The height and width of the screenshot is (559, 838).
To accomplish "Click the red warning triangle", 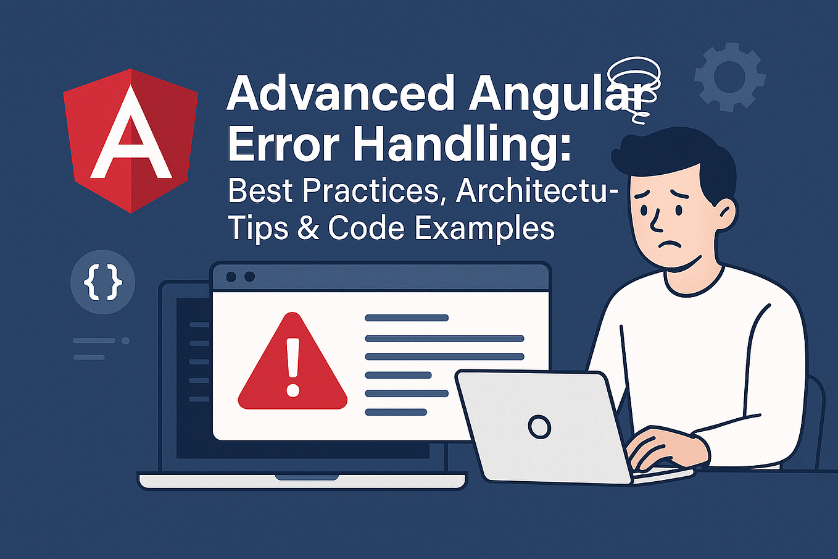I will [292, 365].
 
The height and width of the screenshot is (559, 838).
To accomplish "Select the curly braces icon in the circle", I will [102, 282].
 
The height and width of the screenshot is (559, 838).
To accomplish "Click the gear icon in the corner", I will [730, 77].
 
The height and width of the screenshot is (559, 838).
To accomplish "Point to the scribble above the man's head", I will [634, 83].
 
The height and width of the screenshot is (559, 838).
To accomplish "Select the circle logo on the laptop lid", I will [539, 426].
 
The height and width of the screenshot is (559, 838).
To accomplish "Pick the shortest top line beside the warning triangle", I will [407, 318].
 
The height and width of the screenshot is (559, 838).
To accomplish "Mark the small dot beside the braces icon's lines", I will [125, 340].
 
